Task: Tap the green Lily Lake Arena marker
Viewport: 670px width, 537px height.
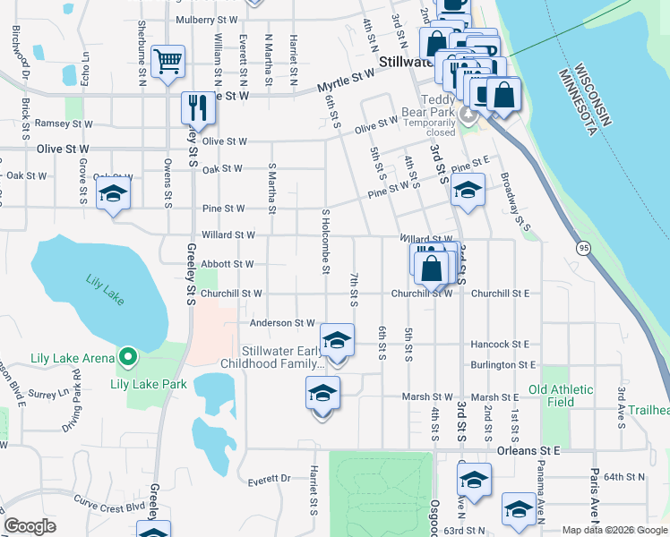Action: pyautogui.click(x=127, y=359)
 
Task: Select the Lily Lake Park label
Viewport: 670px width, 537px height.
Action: pyautogui.click(x=148, y=385)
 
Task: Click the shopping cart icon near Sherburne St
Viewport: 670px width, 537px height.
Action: pyautogui.click(x=167, y=62)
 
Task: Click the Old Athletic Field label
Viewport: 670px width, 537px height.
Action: pyautogui.click(x=561, y=396)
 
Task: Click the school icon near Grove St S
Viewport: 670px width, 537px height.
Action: pyautogui.click(x=113, y=194)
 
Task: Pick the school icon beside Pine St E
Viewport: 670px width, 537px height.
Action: pyautogui.click(x=467, y=189)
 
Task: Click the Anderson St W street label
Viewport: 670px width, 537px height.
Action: pyautogui.click(x=282, y=322)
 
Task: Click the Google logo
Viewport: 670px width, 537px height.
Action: pyautogui.click(x=30, y=526)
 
